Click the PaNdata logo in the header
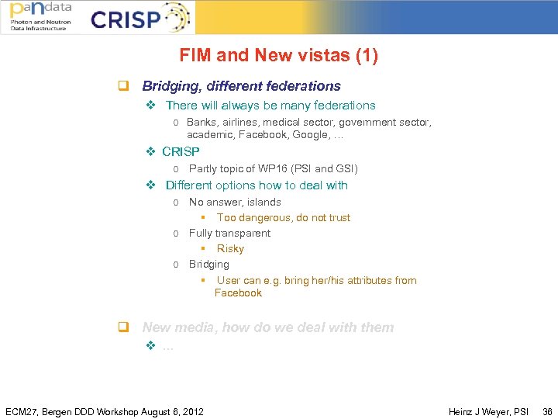coord(40,17)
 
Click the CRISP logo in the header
coord(139,18)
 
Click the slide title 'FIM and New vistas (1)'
coord(278,56)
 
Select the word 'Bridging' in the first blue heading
coord(167,86)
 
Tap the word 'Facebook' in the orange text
coord(238,293)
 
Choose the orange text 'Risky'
coord(230,249)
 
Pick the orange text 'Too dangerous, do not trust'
coord(283,218)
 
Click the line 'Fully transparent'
coord(229,233)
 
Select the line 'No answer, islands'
coord(235,202)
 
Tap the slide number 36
coord(548,411)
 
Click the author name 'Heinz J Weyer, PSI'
coord(488,411)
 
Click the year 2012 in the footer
coord(191,411)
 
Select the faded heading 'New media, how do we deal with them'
coord(267,327)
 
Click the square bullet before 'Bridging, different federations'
coord(122,86)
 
